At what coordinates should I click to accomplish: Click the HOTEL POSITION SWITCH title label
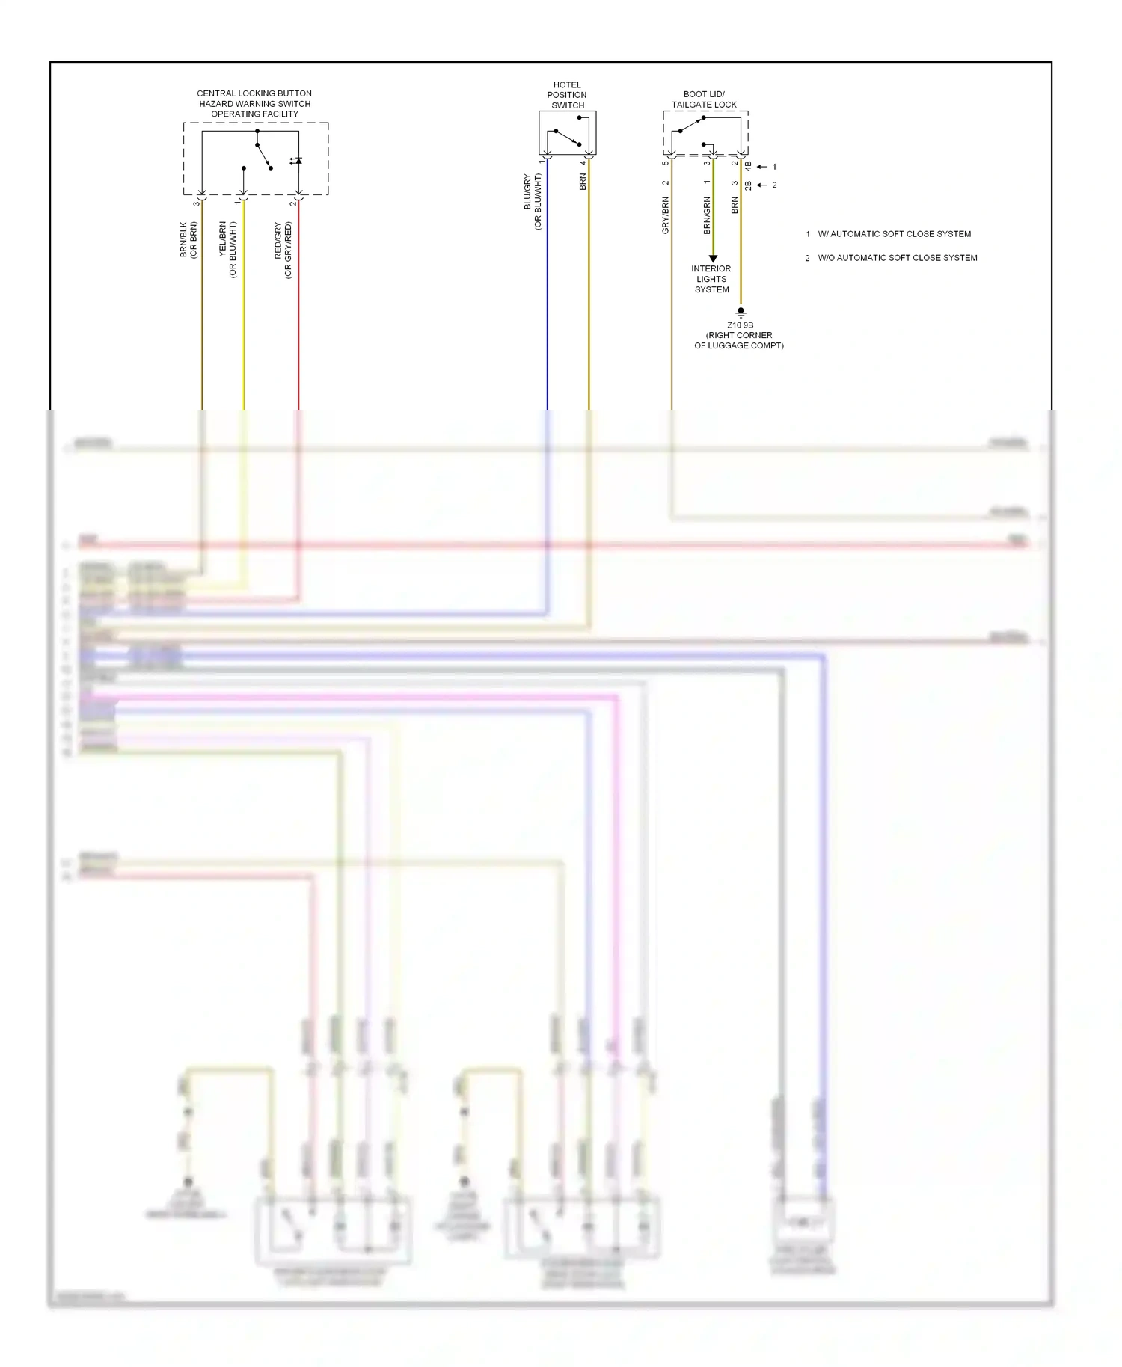point(567,95)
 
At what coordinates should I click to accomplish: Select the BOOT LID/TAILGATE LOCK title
point(704,99)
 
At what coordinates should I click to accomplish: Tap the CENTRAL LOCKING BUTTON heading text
point(254,93)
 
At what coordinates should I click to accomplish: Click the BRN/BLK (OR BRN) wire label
point(188,240)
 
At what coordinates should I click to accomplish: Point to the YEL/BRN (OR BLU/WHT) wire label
point(227,250)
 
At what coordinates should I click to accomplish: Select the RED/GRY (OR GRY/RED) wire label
point(283,250)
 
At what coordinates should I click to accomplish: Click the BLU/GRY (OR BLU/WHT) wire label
point(533,202)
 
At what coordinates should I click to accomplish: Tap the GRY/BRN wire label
point(665,215)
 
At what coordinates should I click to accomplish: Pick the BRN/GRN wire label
point(707,215)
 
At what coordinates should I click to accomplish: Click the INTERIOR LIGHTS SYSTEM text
point(711,279)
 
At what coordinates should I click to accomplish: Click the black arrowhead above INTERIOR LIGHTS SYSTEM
point(713,258)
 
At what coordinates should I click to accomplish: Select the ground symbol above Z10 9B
point(741,312)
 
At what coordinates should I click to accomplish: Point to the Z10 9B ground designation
point(740,325)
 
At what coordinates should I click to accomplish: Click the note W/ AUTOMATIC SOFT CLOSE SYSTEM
point(894,234)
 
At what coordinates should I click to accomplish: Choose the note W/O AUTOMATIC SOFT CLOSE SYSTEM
point(897,258)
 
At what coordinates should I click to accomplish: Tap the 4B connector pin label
point(748,166)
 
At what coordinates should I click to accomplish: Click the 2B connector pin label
point(748,185)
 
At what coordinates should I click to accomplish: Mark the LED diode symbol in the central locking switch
point(297,161)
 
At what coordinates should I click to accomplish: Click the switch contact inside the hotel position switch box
point(566,138)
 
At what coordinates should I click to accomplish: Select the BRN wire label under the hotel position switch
point(583,182)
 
